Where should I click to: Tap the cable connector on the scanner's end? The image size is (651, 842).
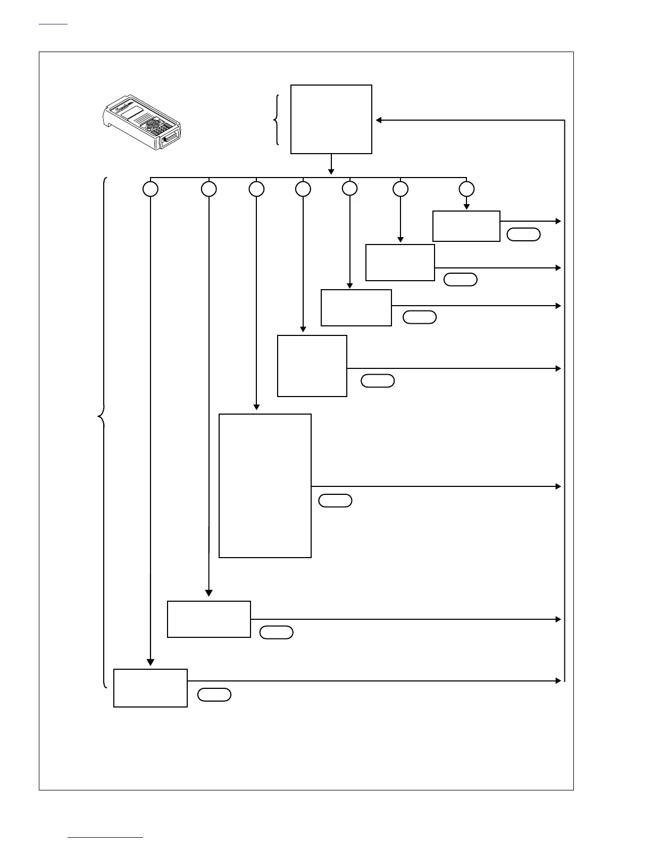(170, 139)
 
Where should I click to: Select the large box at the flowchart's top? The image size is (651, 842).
(331, 119)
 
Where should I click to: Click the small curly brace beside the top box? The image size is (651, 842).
(276, 120)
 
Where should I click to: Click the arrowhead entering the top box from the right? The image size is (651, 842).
(379, 120)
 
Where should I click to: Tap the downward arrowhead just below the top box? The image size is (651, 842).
(331, 171)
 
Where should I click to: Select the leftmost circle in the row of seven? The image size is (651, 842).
(151, 189)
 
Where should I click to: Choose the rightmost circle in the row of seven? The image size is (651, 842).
(466, 189)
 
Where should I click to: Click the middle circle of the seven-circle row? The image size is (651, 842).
(303, 189)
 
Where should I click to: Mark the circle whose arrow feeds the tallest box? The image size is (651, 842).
(256, 189)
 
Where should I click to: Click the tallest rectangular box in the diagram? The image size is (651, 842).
(265, 486)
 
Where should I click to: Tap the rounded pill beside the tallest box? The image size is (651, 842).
(335, 501)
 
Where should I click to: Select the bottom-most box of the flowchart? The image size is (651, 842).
(151, 688)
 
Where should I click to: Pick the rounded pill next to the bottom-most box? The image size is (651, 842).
(214, 695)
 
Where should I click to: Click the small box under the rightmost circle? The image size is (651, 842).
(466, 226)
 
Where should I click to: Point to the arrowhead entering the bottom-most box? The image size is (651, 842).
(151, 662)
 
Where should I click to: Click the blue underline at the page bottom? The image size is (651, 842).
(106, 838)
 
